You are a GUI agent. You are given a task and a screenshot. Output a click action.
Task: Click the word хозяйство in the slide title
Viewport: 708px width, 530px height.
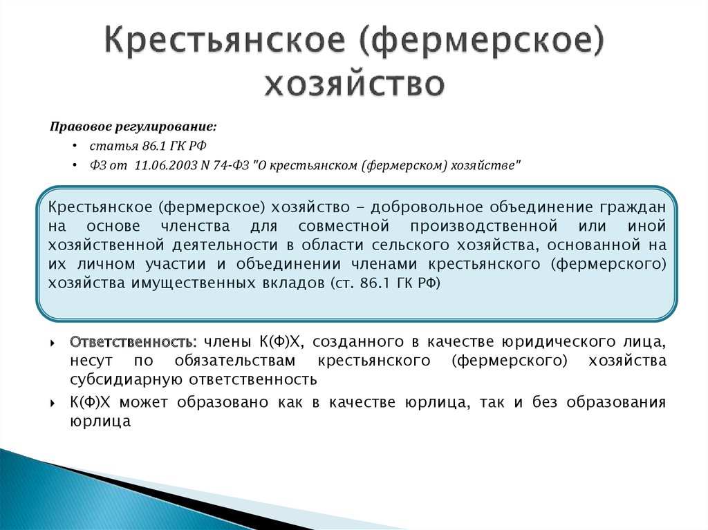(355, 84)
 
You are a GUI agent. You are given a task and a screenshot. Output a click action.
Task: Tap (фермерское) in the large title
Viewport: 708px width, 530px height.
(482, 41)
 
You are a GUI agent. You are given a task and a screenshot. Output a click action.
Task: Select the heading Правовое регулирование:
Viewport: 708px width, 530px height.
(133, 127)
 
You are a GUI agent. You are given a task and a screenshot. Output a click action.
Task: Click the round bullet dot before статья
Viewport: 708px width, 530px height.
(75, 146)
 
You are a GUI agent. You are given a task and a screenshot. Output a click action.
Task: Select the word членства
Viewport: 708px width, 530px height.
(195, 226)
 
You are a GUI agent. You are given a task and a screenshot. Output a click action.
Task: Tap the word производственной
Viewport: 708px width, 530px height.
(483, 226)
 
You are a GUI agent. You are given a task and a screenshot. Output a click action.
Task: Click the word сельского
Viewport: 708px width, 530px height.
(411, 245)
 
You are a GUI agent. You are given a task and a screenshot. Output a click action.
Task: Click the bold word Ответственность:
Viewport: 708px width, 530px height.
(133, 342)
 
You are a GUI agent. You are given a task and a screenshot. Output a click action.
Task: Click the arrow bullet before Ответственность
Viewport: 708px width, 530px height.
(53, 343)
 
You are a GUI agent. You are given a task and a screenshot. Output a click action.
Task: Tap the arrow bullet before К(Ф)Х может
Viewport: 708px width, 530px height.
(53, 403)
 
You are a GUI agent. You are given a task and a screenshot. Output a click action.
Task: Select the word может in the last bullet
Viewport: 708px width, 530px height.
(144, 402)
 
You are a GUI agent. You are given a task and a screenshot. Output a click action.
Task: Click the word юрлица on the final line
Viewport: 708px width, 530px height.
(100, 422)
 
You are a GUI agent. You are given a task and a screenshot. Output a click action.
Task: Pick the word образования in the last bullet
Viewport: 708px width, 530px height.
(616, 402)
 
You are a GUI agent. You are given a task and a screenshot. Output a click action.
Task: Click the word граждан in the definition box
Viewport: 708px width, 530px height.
(633, 207)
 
